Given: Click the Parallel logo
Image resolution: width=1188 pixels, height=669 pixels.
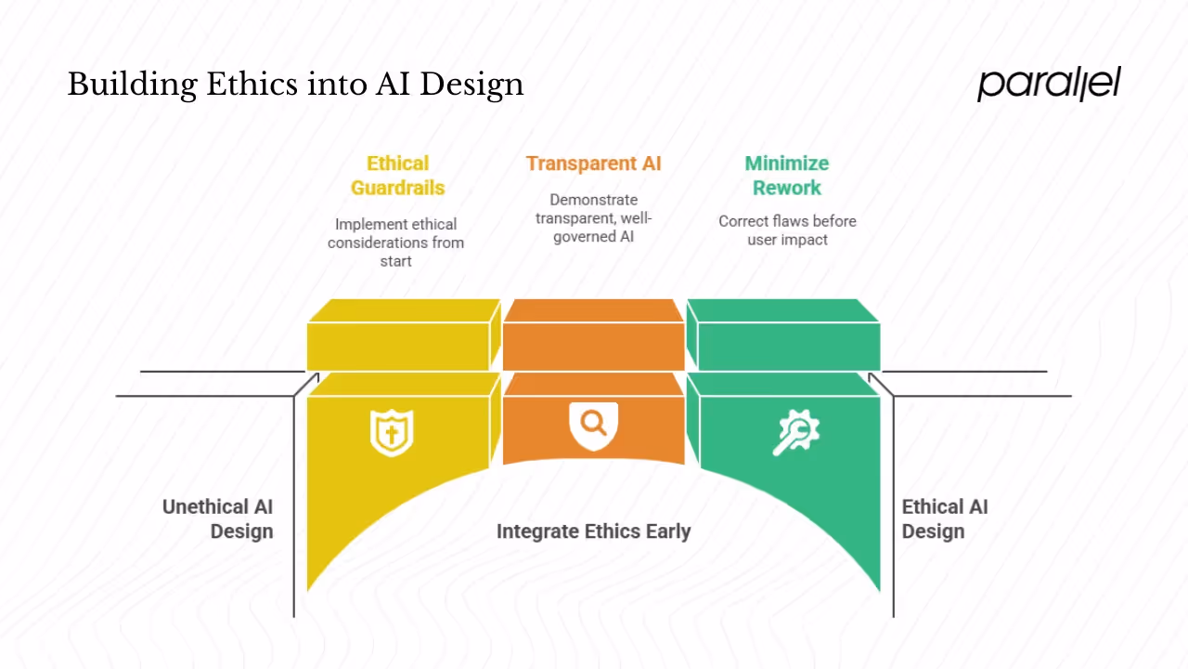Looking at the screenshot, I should click(1049, 84).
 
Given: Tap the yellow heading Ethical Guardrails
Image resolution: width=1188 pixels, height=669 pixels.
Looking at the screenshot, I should click(397, 176).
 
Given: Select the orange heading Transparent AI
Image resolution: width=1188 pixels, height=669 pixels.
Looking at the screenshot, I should click(593, 164).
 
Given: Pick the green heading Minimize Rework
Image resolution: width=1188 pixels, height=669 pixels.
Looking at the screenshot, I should click(786, 176).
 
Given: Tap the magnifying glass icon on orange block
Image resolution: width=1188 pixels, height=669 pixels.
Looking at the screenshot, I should click(593, 425).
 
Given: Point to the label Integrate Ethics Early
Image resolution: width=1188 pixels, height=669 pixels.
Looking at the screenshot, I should click(593, 531).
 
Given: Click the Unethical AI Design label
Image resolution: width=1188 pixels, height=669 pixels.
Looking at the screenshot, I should click(218, 519).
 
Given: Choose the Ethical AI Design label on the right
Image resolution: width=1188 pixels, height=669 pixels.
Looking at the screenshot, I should click(944, 519).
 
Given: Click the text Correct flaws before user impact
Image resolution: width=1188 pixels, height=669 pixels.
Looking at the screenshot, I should click(786, 230).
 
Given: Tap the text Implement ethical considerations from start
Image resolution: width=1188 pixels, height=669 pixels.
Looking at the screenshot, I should click(395, 243).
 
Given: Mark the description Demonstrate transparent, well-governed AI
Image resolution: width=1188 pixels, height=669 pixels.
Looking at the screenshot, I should click(593, 218).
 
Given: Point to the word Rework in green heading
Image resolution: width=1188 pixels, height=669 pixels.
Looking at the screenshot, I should click(786, 188).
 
